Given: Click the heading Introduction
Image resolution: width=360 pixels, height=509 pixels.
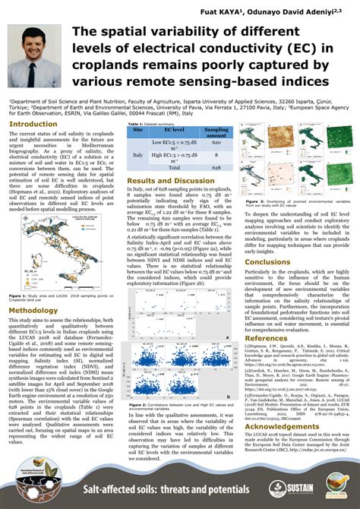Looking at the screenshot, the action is [x=33, y=123].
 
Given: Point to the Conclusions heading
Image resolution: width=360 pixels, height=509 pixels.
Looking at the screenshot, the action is [x=267, y=261].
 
